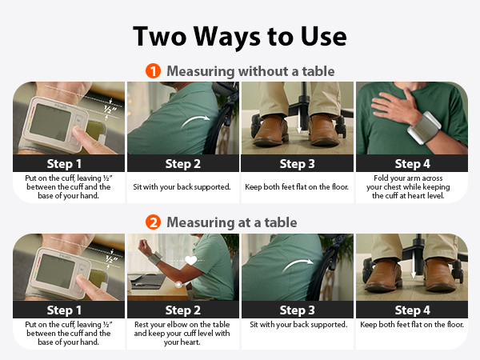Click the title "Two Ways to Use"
(240, 37)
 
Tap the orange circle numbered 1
(153, 71)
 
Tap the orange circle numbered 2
(153, 222)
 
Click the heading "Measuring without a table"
(250, 71)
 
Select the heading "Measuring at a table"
(232, 222)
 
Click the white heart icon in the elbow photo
(191, 260)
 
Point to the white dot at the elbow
(178, 284)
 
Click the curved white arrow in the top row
(195, 122)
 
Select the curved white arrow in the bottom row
(298, 265)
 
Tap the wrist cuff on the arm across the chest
(425, 128)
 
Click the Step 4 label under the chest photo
(412, 164)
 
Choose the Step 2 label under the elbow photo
(183, 310)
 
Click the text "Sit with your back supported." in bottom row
(298, 325)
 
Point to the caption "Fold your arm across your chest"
(408, 182)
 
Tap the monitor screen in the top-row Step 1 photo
(50, 122)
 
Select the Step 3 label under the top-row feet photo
(298, 164)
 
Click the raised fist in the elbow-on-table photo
(144, 246)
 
